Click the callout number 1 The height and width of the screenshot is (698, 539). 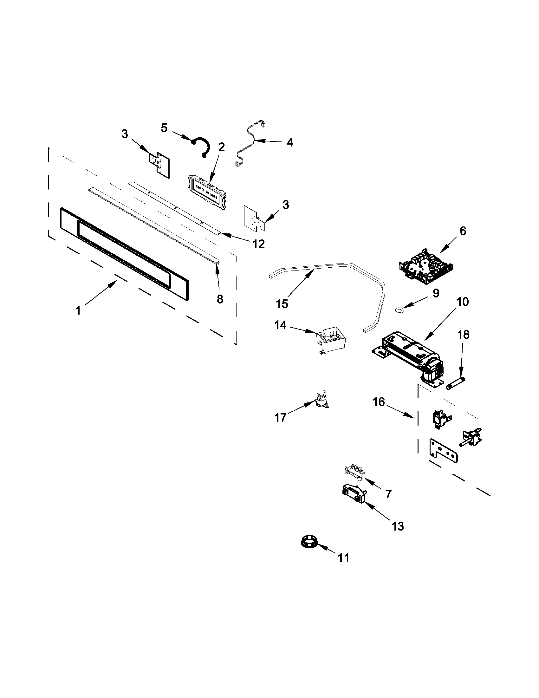pos(78,310)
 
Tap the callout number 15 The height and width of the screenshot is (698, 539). pos(282,303)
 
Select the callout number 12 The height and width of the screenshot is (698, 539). pos(258,244)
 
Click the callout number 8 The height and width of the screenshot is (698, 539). pos(220,299)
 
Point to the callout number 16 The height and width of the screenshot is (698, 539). pos(379,401)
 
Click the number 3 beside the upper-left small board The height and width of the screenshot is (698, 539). pos(125,134)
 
